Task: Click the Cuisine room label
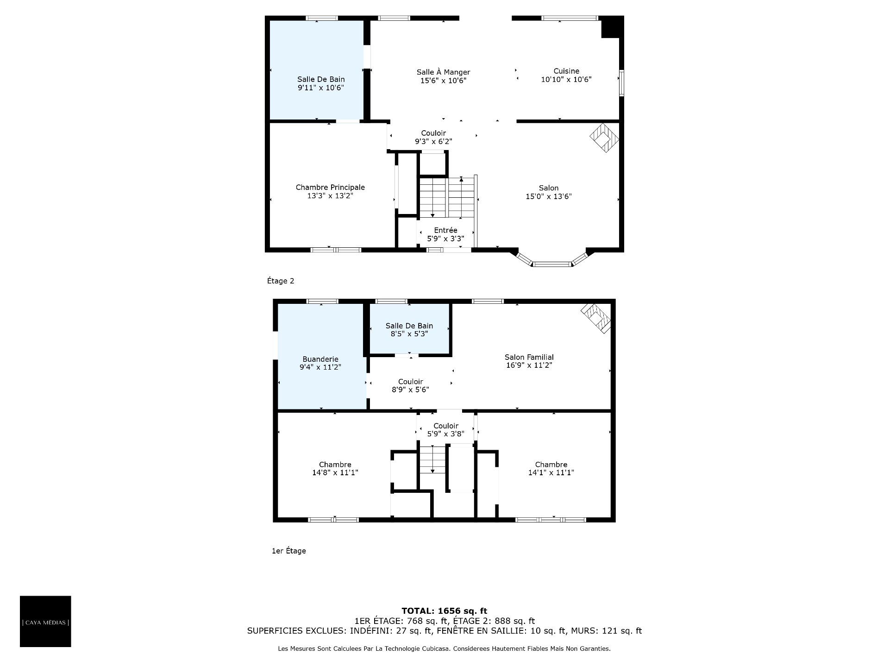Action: (566, 71)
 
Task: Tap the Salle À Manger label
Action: (443, 72)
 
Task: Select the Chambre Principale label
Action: (330, 187)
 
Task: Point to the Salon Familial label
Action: (529, 357)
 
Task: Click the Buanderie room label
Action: (320, 359)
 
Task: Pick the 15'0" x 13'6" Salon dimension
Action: (549, 196)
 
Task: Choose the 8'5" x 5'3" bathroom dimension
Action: (409, 333)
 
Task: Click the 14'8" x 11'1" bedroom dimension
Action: (335, 472)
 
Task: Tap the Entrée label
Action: (445, 230)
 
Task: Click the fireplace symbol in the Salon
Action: (604, 138)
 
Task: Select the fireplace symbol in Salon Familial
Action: (596, 318)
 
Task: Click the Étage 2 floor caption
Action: (281, 281)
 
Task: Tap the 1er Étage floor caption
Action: (288, 551)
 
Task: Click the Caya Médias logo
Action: (45, 621)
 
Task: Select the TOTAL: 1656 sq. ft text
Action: (444, 611)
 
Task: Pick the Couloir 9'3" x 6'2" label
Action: (433, 137)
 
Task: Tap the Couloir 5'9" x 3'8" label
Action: (446, 430)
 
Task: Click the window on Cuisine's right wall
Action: (622, 83)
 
